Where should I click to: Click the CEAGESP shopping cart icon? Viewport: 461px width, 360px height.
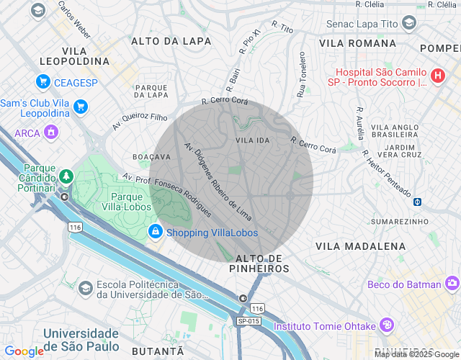(43, 81)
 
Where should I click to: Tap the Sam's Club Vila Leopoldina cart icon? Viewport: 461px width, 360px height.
(80, 107)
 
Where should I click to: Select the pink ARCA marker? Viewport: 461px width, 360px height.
(50, 132)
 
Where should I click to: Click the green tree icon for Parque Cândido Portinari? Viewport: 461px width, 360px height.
(66, 176)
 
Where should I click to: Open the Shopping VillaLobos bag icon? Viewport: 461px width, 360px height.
(155, 232)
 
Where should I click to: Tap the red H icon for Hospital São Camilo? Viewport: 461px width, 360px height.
(437, 75)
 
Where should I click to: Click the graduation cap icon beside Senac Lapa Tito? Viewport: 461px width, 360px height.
(409, 24)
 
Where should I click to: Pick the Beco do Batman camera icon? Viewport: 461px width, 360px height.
(452, 284)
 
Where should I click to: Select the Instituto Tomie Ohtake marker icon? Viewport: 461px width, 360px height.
(388, 325)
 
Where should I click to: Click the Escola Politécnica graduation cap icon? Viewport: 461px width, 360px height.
(86, 288)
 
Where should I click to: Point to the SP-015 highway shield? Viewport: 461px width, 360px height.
(249, 320)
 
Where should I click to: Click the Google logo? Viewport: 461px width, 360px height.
(24, 351)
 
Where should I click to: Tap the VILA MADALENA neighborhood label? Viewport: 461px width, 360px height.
(360, 246)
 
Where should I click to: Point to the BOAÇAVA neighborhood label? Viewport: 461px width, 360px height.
(152, 156)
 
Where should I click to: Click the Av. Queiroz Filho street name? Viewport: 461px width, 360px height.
(140, 122)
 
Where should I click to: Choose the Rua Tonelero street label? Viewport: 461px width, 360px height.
(301, 74)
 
